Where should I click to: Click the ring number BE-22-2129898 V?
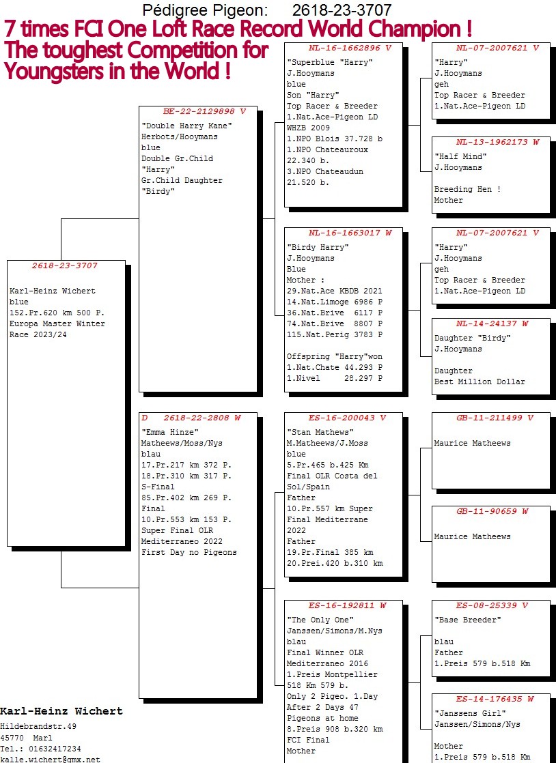coord(204,111)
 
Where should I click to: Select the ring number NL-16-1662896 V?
coord(350,48)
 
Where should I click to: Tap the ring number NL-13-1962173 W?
coord(497,142)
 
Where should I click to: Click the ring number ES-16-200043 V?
coord(347,418)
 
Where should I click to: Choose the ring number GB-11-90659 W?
coord(492,511)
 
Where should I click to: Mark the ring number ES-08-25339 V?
coord(492,606)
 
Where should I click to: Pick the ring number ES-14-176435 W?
coord(495,700)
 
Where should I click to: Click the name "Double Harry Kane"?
coord(187,126)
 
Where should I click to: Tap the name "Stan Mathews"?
coord(320,432)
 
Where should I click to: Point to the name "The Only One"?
coord(320,620)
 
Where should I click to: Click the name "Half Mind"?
coord(460,156)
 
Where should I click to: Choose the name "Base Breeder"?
coord(469,620)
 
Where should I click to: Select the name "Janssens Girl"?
coord(471,713)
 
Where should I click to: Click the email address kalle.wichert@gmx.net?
coord(50,759)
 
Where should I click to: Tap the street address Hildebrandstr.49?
coord(38,727)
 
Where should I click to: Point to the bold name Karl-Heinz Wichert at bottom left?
coord(61,711)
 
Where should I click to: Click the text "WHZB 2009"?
coord(308,128)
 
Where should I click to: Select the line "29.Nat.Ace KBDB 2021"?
coord(335,291)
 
